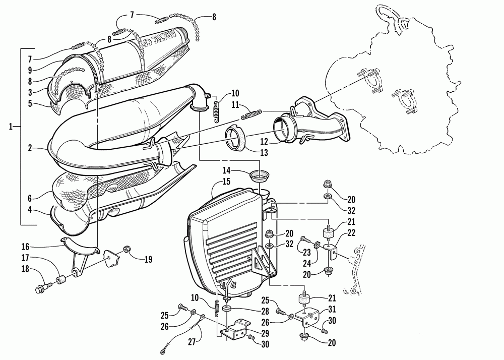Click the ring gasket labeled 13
234,136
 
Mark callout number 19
148,260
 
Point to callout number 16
25,247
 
